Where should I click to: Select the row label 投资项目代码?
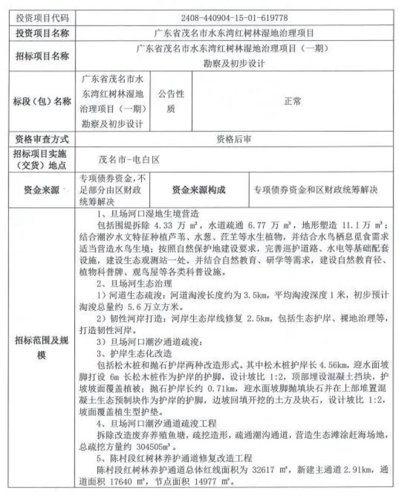pyautogui.click(x=42, y=18)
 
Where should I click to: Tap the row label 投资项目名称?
pyautogui.click(x=42, y=32)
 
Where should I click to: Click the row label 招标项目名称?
pyautogui.click(x=42, y=55)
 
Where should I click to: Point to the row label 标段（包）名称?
pyautogui.click(x=42, y=102)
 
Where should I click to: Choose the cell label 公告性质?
pyautogui.click(x=171, y=102)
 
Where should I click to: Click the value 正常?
pyautogui.click(x=292, y=102)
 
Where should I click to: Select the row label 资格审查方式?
pyautogui.click(x=42, y=139)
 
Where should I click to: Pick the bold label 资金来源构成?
pyautogui.click(x=199, y=190)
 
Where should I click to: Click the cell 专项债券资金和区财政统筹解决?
pyautogui.click(x=316, y=190)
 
